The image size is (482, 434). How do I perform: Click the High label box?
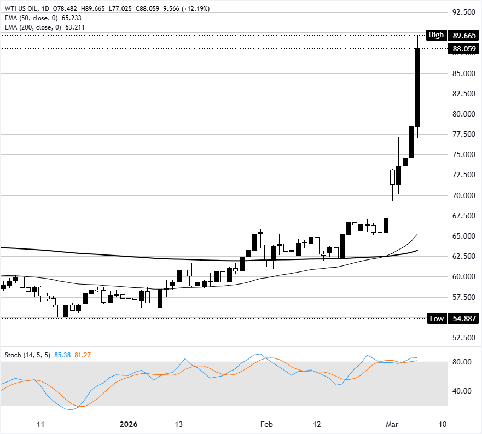pyautogui.click(x=436, y=35)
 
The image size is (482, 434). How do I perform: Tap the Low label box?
pyautogui.click(x=436, y=318)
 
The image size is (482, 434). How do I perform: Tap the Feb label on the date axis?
pyautogui.click(x=266, y=424)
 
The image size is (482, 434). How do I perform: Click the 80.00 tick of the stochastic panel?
pyautogui.click(x=462, y=362)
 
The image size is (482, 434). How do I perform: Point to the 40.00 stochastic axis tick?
pyautogui.click(x=462, y=391)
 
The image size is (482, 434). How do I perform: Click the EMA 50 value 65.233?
pyautogui.click(x=71, y=18)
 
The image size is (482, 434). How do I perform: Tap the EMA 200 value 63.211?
pyautogui.click(x=73, y=27)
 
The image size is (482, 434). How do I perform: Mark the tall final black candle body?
pyautogui.click(x=417, y=88)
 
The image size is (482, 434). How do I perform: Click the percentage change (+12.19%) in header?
pyautogui.click(x=194, y=9)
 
